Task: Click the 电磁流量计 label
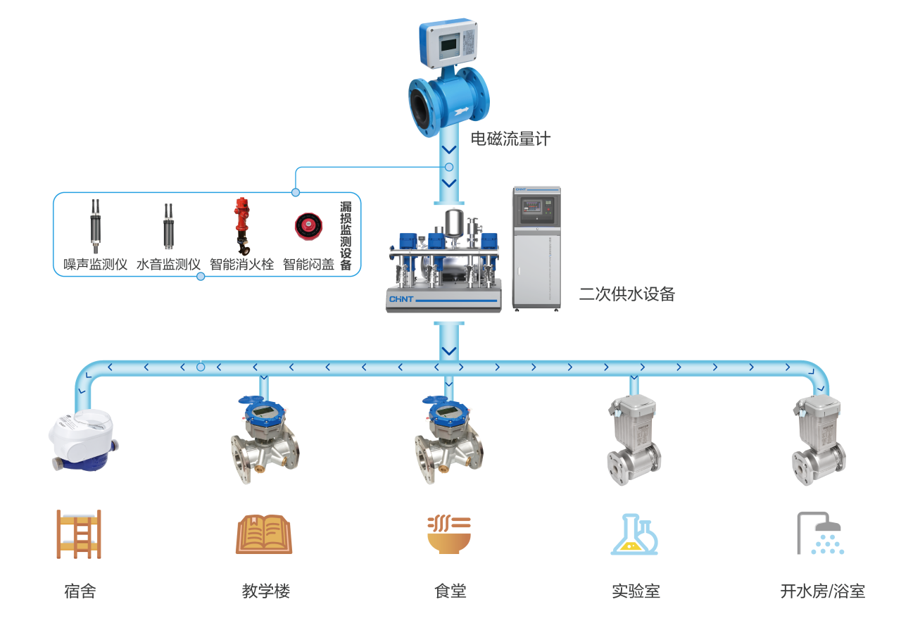[510, 139]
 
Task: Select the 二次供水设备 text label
[626, 294]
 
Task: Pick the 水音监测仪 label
[168, 265]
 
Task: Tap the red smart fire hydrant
[241, 225]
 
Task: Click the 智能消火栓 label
[241, 265]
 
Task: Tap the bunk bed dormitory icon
[78, 534]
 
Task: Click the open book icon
[264, 534]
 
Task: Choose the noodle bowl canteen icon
[449, 534]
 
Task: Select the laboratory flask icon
[634, 534]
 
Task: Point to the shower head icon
[819, 534]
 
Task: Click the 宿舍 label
[80, 591]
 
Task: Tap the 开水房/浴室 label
[822, 591]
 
